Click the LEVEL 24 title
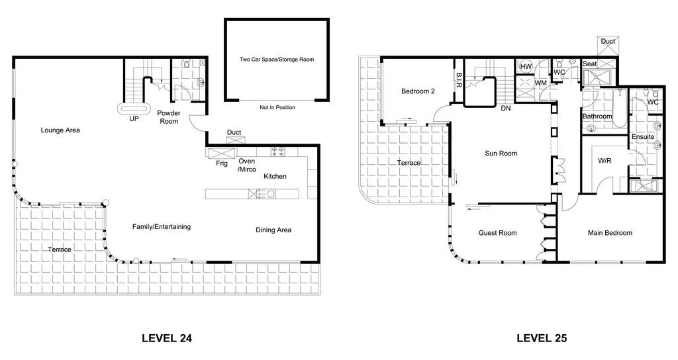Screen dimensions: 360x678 click(167, 338)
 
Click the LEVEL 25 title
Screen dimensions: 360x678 click(542, 338)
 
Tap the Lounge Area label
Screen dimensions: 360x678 click(60, 130)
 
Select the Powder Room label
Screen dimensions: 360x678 click(169, 117)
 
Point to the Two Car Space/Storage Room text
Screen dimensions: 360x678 click(277, 60)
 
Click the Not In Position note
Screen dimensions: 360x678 click(277, 107)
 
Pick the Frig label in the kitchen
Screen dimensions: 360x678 click(222, 163)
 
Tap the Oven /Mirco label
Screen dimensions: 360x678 click(247, 165)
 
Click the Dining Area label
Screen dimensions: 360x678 click(273, 230)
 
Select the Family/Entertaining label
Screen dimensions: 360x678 click(162, 226)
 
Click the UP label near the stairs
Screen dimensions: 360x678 click(134, 120)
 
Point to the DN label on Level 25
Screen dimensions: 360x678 click(506, 109)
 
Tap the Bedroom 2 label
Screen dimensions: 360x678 click(418, 91)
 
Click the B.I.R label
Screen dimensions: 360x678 click(459, 80)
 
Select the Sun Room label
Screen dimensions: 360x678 click(501, 154)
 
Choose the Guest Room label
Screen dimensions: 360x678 click(497, 233)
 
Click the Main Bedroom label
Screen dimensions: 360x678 click(610, 233)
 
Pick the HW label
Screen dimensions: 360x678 click(526, 67)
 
